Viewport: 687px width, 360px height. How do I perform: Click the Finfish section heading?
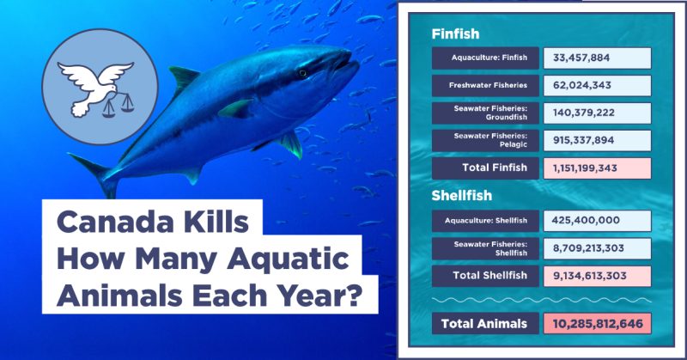(455, 34)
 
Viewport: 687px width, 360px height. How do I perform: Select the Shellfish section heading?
(461, 195)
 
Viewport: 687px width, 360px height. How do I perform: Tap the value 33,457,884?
(581, 58)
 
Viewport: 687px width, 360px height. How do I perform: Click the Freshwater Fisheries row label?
(488, 85)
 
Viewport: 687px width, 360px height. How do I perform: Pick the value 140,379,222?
(584, 113)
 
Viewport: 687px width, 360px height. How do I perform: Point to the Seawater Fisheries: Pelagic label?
(490, 140)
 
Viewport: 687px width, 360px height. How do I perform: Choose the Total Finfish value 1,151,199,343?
(585, 168)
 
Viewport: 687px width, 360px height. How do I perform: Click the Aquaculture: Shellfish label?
(486, 221)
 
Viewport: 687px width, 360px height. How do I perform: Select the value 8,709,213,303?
(588, 248)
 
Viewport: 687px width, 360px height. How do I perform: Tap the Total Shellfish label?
(489, 276)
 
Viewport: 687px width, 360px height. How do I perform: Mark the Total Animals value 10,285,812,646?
(598, 324)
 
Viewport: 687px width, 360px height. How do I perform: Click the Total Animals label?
(484, 324)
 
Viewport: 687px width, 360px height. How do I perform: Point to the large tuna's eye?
(302, 73)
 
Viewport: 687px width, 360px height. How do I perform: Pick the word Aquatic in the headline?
(288, 259)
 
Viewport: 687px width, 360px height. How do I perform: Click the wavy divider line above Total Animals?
(542, 301)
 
